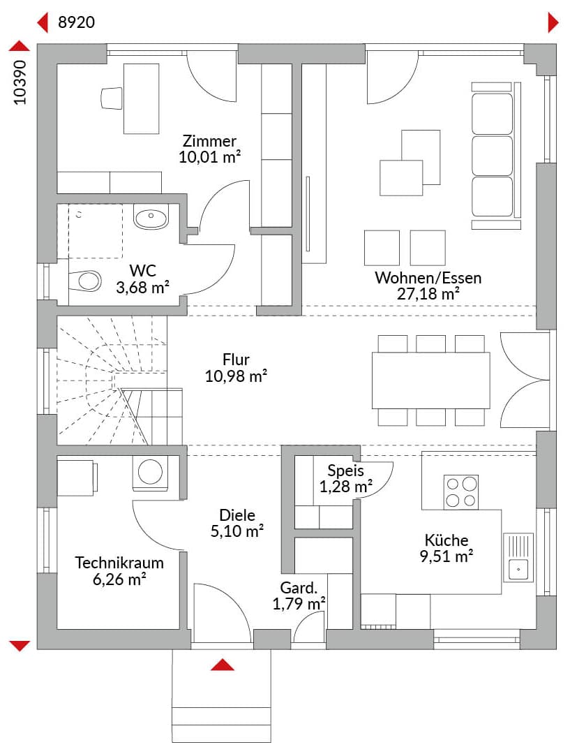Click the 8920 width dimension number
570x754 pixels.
coord(76,22)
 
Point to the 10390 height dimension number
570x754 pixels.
coord(20,82)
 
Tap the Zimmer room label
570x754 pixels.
coord(209,140)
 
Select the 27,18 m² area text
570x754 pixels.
coord(428,294)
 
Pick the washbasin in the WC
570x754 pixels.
coord(151,218)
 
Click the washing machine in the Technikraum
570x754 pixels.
coord(151,473)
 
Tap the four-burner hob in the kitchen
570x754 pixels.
coord(461,491)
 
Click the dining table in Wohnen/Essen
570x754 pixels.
coord(430,380)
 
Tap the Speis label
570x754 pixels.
coord(345,471)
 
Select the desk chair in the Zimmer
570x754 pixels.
coord(111,98)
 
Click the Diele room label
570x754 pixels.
coord(237,515)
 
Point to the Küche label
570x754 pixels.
coord(447,540)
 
